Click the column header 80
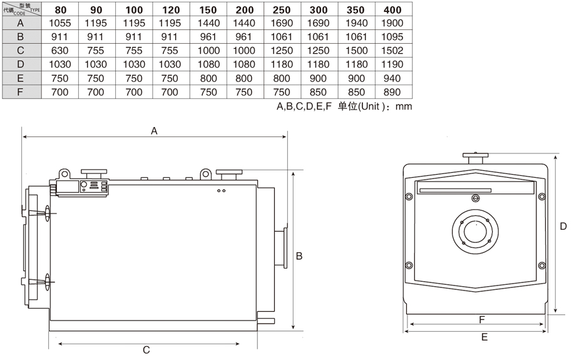coord(60,10)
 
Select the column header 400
coord(392,10)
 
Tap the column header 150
coord(208,10)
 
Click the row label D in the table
coord(21,64)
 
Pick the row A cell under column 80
coord(60,23)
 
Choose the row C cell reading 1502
coord(392,51)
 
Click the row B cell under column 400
coord(392,37)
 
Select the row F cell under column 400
coord(392,92)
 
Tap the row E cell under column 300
coord(319,78)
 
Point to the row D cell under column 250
coord(282,64)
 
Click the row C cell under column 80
coord(60,51)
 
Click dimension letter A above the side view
coord(154,131)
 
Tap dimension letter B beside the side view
coord(299,255)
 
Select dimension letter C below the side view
coord(146,350)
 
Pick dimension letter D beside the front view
coord(563,226)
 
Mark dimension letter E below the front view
coord(484,337)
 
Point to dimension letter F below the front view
coord(482,319)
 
